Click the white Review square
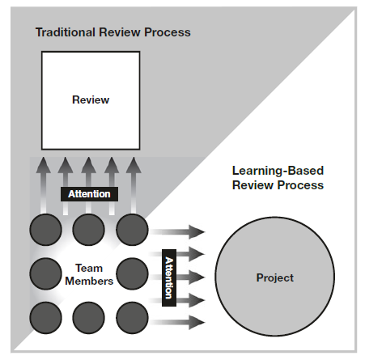click(91, 100)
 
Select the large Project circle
click(275, 277)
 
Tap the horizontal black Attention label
click(89, 194)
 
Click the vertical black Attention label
click(169, 277)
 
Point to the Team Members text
click(89, 274)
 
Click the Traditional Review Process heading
click(113, 32)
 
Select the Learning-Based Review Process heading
click(278, 178)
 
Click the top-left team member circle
click(45, 230)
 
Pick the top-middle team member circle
click(88, 230)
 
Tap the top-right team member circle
click(132, 230)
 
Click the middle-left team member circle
click(45, 273)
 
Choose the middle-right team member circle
click(132, 273)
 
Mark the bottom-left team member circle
click(45, 318)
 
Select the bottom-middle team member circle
click(88, 318)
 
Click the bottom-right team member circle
click(132, 318)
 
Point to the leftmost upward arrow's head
click(44, 165)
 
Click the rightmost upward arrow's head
click(134, 165)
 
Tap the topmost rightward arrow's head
click(197, 232)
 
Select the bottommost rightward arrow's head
click(197, 322)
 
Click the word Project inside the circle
click(275, 278)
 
